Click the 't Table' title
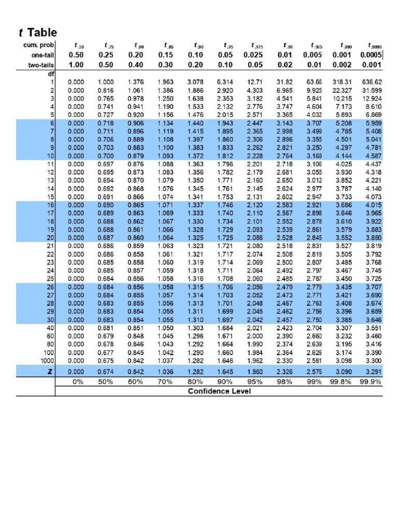[x=37, y=32]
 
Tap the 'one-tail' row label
[x=42, y=55]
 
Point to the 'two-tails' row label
[x=41, y=65]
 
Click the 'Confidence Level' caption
[x=219, y=391]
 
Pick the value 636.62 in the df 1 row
[x=371, y=82]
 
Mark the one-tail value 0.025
[x=254, y=55]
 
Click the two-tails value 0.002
[x=343, y=65]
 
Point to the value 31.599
[x=371, y=90]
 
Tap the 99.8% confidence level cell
[x=343, y=382]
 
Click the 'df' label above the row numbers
[x=51, y=74]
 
